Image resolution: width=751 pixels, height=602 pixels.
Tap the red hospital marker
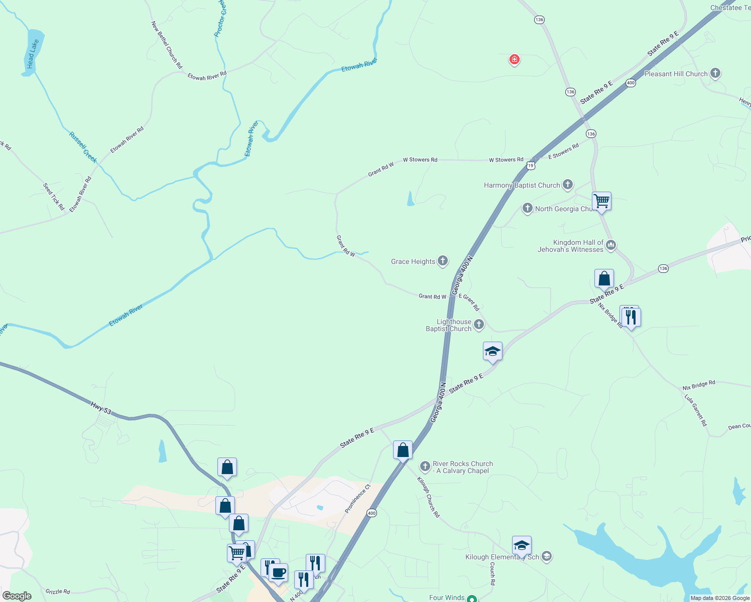514,60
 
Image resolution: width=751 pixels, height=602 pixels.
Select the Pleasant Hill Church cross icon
715,74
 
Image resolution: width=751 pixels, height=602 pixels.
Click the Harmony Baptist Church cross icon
568,185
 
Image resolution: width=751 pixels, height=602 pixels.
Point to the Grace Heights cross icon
443,260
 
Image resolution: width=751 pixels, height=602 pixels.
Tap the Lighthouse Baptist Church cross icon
479,325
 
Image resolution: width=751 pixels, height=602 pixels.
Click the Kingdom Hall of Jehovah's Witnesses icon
611,245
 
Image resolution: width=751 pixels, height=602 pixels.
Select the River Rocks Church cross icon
425,467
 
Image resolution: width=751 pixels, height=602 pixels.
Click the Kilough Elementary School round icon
547,556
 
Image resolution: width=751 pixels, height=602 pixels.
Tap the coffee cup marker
278,572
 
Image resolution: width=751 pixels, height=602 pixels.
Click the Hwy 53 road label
101,408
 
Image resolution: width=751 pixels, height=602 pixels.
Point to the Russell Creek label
83,147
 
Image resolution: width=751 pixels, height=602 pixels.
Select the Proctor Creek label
220,19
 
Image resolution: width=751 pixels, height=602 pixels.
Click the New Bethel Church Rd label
167,45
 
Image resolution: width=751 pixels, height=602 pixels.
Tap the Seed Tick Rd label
54,197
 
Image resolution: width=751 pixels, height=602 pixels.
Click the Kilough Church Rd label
428,497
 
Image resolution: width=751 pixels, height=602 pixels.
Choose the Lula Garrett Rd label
696,410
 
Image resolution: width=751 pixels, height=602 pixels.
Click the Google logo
17,596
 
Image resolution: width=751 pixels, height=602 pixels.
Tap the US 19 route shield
531,165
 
